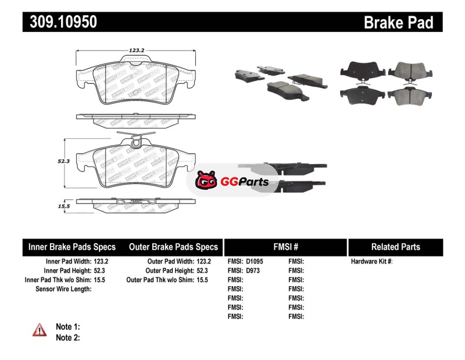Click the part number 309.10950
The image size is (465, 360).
point(60,22)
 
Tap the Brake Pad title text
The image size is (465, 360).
point(398,22)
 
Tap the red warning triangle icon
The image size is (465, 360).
point(40,330)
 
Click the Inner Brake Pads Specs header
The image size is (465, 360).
point(72,247)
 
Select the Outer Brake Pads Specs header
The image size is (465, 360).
point(173,247)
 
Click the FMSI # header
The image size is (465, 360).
point(285,247)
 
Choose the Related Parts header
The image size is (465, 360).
point(395,247)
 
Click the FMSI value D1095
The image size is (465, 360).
point(255,262)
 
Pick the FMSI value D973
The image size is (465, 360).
point(253,270)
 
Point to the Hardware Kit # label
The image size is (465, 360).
point(372,262)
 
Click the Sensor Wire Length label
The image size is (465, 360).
point(64,289)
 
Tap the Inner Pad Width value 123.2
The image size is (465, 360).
point(101,262)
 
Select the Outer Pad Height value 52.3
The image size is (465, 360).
point(203,270)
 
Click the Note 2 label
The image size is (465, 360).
point(67,337)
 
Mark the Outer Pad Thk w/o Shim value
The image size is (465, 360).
point(203,280)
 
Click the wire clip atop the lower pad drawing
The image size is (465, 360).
point(135,140)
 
